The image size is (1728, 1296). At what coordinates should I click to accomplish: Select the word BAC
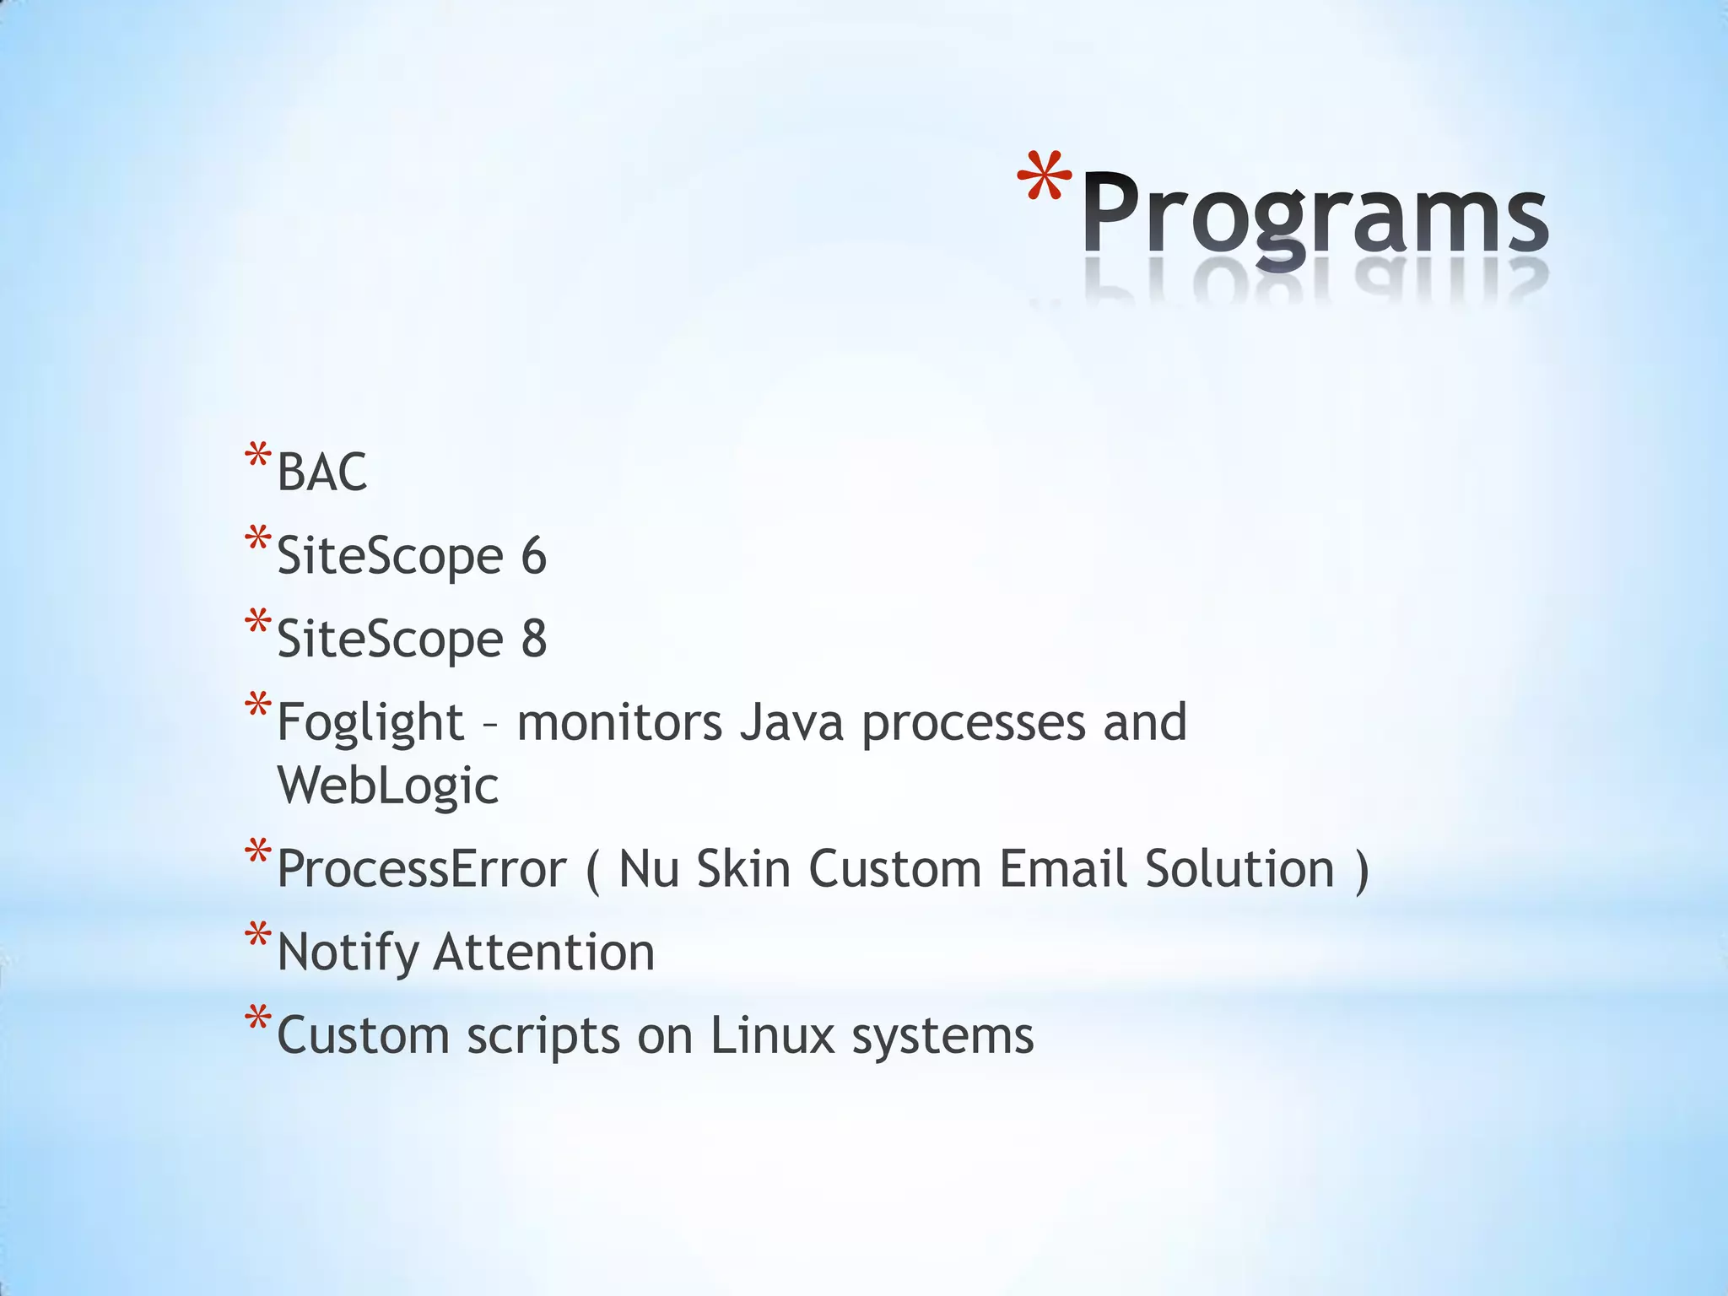point(321,472)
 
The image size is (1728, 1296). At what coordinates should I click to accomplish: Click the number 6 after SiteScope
point(533,556)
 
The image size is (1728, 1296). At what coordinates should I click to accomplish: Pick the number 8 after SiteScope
point(533,639)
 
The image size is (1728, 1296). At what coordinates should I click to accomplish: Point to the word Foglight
point(370,723)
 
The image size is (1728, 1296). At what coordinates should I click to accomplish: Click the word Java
point(791,723)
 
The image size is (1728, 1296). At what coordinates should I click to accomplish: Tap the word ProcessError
point(421,869)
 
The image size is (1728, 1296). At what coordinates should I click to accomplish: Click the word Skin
point(742,869)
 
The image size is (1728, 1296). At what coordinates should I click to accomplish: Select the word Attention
point(543,952)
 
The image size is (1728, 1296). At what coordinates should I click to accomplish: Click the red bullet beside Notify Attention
point(257,937)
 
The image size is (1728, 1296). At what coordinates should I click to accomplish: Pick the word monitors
point(619,723)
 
